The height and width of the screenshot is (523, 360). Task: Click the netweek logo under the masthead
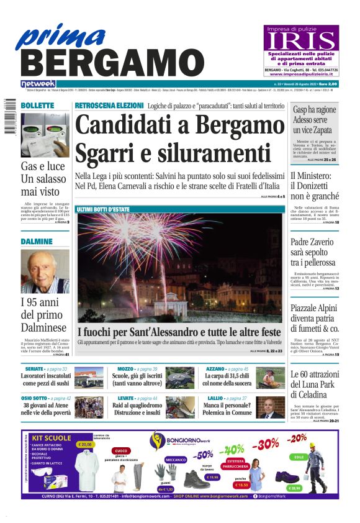38,84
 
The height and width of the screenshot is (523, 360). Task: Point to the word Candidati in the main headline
124,125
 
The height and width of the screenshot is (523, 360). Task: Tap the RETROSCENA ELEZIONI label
109,106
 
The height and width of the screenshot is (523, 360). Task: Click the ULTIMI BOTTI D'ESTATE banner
103,209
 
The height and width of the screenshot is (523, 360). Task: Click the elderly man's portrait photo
45,271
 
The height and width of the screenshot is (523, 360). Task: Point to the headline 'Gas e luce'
43,166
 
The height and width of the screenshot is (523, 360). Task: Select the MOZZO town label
126,369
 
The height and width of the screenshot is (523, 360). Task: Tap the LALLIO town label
215,398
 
